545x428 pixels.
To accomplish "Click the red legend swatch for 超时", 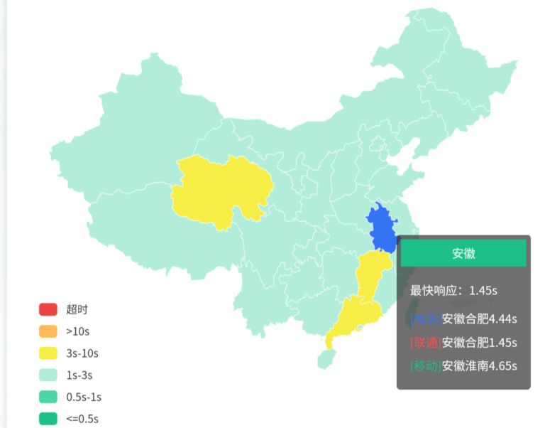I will coord(48,309).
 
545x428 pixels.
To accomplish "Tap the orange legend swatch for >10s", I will coord(48,331).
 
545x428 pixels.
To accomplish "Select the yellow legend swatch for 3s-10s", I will coord(48,353).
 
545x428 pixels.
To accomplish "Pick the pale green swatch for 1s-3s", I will coord(48,375).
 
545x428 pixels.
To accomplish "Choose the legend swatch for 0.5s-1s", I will coord(48,397).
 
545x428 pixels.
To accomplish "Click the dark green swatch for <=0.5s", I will coord(48,419).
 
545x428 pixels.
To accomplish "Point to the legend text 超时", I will coord(77,309).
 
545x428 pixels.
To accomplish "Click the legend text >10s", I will coord(78,331).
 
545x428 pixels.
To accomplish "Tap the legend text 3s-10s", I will coord(82,353).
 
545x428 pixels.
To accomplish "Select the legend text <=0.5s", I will coord(83,419).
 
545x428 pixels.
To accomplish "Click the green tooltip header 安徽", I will coord(463,253).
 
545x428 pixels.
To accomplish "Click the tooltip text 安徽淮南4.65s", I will coord(480,366).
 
